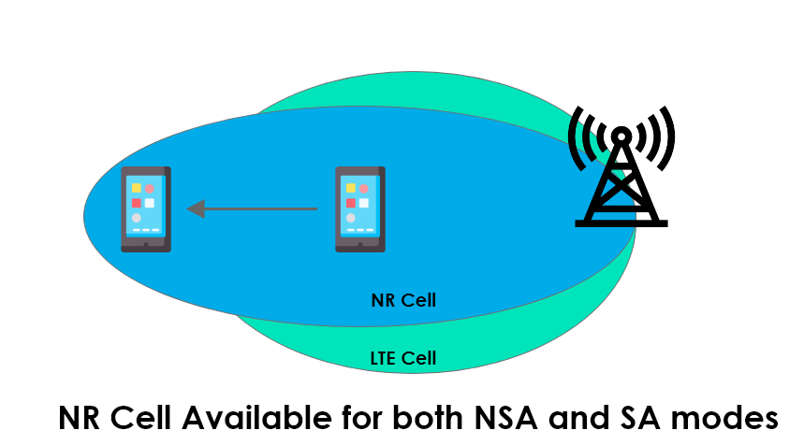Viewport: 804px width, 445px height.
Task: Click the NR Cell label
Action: tap(403, 301)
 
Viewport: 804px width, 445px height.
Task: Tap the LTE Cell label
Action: tap(403, 358)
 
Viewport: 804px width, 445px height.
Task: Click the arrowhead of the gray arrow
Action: tap(196, 208)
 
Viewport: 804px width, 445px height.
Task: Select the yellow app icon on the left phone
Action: tap(137, 188)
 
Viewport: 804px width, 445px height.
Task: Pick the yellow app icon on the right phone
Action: tap(351, 188)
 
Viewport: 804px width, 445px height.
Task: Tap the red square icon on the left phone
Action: tap(137, 203)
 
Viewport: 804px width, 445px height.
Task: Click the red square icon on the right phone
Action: tap(351, 203)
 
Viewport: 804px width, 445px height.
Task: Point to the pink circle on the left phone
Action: tap(150, 188)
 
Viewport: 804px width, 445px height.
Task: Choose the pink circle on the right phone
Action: tap(364, 188)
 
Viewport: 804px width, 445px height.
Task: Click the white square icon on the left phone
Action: tap(150, 203)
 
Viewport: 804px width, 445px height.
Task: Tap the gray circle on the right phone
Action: tap(351, 218)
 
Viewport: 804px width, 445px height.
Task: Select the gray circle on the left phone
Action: tap(137, 218)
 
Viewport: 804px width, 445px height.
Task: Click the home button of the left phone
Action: tap(146, 246)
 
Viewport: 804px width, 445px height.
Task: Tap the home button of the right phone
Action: tap(360, 246)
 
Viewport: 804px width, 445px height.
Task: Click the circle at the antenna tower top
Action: tap(621, 135)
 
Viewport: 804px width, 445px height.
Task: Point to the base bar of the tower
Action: tap(621, 222)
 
